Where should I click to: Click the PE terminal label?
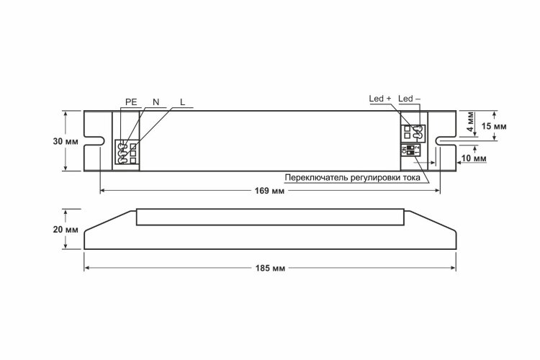click(131, 102)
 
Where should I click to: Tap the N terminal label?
click(156, 102)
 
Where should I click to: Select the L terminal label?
click(183, 102)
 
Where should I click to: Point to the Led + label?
click(380, 99)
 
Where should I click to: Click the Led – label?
click(409, 99)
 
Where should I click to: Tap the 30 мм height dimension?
click(66, 141)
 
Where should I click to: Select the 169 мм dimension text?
click(270, 191)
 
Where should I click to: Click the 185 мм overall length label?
click(270, 268)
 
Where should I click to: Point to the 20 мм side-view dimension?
click(66, 230)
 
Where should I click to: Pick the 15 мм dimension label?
click(494, 126)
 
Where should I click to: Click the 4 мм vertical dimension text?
click(470, 124)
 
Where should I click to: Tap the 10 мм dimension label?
click(474, 158)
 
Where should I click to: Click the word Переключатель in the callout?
click(317, 178)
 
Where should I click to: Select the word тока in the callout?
click(411, 178)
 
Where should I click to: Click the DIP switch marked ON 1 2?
click(410, 150)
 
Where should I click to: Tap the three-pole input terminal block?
click(127, 152)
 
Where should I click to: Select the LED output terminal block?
click(415, 134)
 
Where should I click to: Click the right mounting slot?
click(446, 141)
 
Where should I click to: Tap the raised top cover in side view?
click(270, 217)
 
